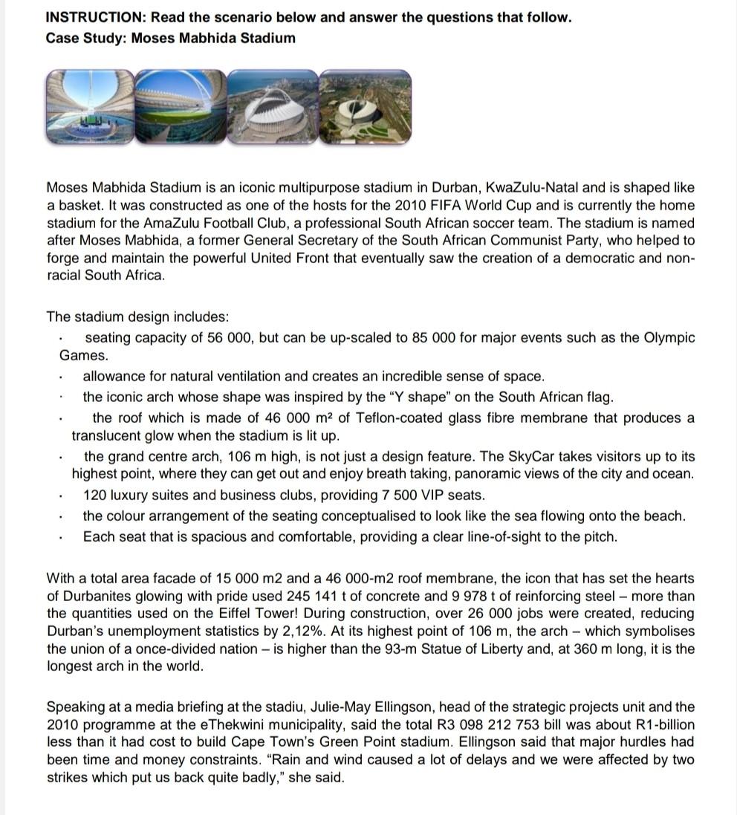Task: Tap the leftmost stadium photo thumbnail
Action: [90, 105]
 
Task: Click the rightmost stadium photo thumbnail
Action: [365, 105]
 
